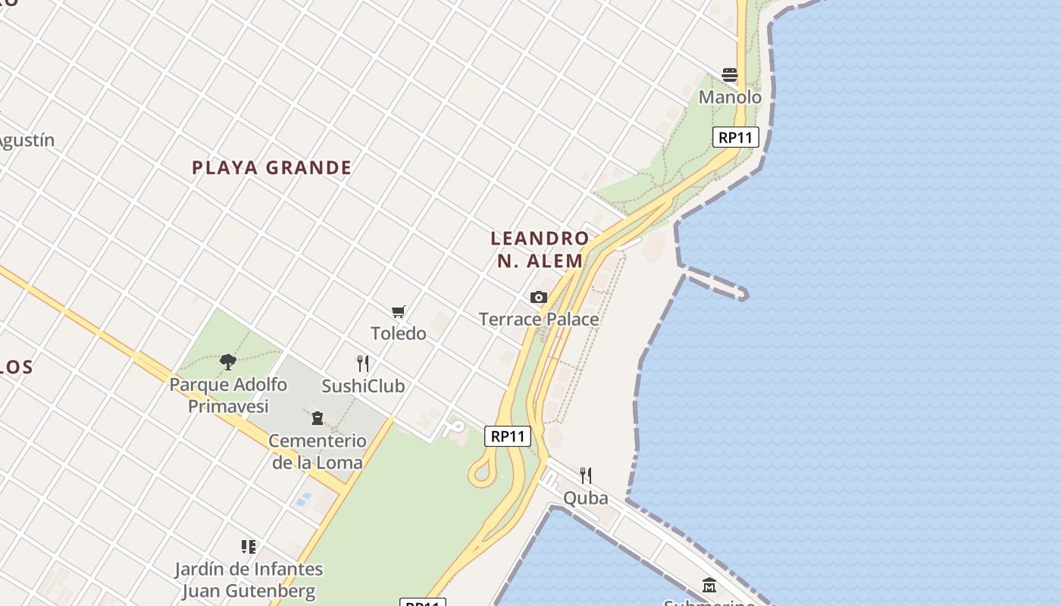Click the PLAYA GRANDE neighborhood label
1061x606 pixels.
271,167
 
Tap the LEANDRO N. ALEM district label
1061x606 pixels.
540,249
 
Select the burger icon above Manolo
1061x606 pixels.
730,75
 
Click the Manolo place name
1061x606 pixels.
730,97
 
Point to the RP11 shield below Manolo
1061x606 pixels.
736,137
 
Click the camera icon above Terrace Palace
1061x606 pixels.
539,297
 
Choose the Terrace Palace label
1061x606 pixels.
539,319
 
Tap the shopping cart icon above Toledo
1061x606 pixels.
399,311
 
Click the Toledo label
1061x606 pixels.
399,333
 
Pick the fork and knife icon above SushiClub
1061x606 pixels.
363,364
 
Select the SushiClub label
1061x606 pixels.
363,386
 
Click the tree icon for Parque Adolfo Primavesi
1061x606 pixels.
227,362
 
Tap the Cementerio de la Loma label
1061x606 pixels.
318,451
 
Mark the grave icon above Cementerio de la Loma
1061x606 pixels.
318,418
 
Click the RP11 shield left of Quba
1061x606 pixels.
508,436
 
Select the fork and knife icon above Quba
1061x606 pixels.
585,476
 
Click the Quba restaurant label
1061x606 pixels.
585,498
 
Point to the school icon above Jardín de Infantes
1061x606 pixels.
249,547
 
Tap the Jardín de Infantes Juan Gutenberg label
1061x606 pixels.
249,579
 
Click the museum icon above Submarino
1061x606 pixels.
709,586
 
